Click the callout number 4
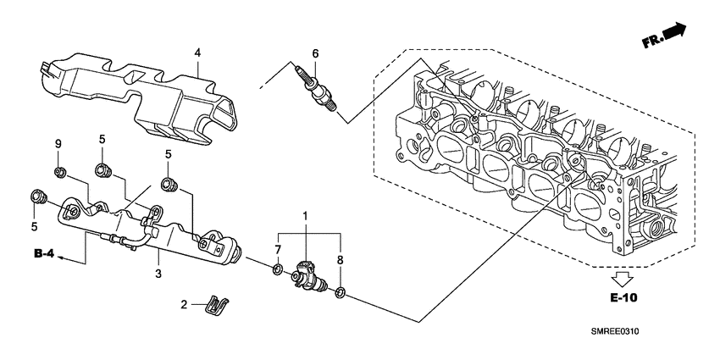197,53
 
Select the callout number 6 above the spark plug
315,54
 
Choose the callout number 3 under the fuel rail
158,273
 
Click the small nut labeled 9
59,173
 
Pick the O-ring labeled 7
277,270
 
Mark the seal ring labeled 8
340,293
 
